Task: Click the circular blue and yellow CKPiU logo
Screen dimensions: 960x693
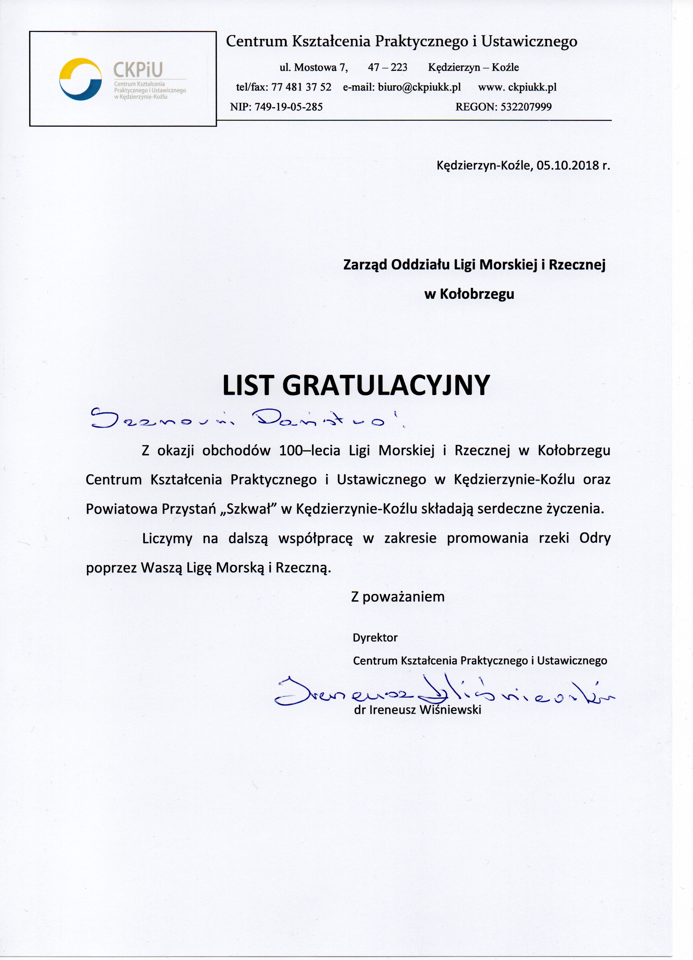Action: pyautogui.click(x=80, y=79)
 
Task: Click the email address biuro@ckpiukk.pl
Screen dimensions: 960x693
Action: pyautogui.click(x=419, y=87)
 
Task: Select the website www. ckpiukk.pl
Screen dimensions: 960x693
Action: pyautogui.click(x=517, y=87)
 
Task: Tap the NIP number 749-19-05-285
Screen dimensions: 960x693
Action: pyautogui.click(x=288, y=107)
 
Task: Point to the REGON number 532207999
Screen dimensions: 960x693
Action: pyautogui.click(x=526, y=107)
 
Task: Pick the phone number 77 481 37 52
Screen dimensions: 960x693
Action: pyautogui.click(x=301, y=87)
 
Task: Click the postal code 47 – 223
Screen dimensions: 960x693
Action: pyautogui.click(x=388, y=67)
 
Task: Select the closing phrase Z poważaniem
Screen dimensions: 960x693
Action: pyautogui.click(x=398, y=597)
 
